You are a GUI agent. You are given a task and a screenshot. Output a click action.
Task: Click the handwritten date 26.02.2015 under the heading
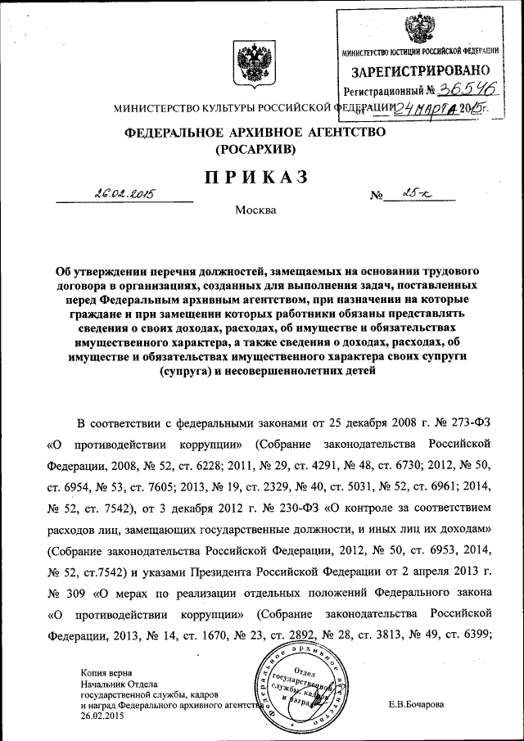pos(125,194)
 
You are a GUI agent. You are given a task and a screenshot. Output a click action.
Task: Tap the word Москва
pos(255,210)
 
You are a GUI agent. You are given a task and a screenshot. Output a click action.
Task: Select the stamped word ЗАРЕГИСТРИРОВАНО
pos(421,72)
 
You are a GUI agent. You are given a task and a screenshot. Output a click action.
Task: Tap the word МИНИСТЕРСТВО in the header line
pos(156,107)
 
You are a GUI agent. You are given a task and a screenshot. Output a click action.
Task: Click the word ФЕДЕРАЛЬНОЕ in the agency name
pos(174,133)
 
